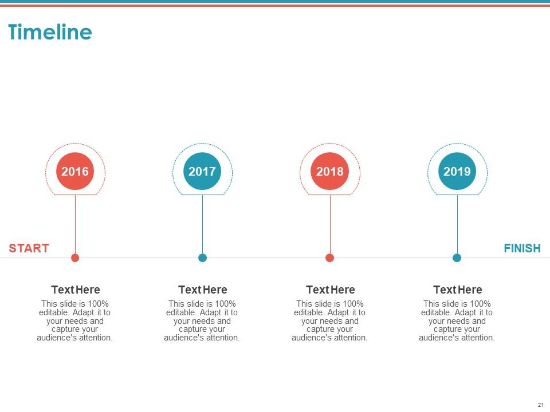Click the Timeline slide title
pos(50,33)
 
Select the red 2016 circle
pos(75,171)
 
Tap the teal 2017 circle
pos(202,171)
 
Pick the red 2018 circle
pos(330,171)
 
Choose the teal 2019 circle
pos(457,171)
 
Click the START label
pos(29,248)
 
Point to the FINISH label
pos(522,248)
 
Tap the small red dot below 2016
pos(75,257)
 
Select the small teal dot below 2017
pos(202,257)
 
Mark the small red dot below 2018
pos(330,257)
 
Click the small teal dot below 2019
pos(457,257)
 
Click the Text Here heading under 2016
pos(75,290)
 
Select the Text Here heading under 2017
pos(202,290)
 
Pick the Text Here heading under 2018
pos(330,290)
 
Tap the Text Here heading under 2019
pos(457,290)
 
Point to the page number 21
pos(540,405)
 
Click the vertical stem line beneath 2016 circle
pos(75,223)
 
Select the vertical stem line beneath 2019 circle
pos(457,223)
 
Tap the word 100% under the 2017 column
pos(226,304)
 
